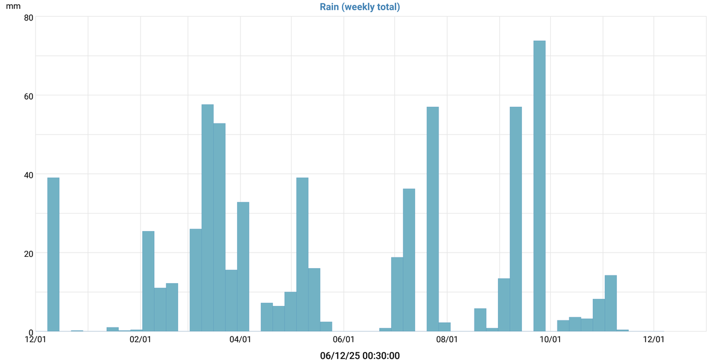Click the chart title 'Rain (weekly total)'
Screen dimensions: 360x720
(360, 7)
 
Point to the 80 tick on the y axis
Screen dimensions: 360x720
(28, 17)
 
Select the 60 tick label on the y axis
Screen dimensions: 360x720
(28, 95)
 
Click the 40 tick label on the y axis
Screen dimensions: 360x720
(28, 175)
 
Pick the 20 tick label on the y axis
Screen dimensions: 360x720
(28, 253)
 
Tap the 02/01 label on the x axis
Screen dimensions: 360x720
(140, 340)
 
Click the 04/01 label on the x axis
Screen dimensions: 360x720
(240, 340)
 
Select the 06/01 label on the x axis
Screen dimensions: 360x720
(344, 340)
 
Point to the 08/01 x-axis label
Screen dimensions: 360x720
(447, 340)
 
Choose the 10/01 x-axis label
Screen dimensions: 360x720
(550, 340)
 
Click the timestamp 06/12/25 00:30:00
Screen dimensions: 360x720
(360, 356)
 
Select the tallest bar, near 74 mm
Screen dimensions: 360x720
(539, 186)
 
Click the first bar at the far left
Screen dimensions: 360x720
(53, 254)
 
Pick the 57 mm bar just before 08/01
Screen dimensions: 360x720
(433, 219)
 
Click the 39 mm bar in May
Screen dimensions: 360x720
(302, 254)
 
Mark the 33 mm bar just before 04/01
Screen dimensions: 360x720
(243, 266)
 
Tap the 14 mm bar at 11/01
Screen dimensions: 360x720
(611, 303)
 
